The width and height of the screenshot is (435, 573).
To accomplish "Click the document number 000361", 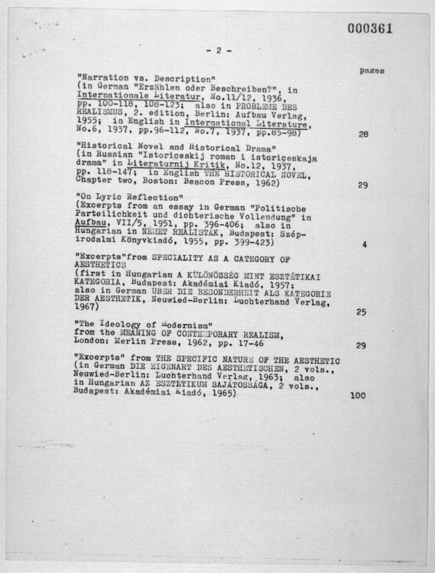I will tap(370, 28).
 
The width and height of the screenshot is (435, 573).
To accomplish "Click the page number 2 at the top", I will tap(219, 50).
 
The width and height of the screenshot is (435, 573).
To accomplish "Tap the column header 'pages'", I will tap(372, 71).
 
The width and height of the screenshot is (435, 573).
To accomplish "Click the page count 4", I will tap(365, 245).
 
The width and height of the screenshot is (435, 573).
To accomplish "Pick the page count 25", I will tap(361, 312).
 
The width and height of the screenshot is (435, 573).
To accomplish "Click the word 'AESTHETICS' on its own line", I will tap(100, 265).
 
